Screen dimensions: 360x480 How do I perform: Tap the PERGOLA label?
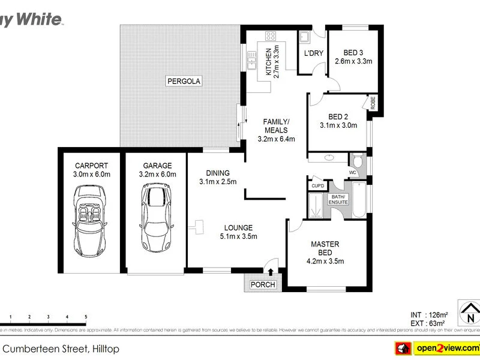[184, 80]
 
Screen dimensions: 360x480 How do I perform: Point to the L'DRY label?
[313, 53]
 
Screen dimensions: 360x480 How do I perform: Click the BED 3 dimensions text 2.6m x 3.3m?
[353, 61]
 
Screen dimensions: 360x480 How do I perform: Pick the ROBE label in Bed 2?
[373, 103]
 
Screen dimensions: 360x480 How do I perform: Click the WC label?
[353, 172]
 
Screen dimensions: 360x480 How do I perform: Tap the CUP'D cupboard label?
[317, 186]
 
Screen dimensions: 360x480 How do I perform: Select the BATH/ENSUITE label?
[338, 199]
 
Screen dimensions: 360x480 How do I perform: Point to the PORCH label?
[263, 284]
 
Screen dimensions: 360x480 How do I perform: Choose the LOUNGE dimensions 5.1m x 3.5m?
[238, 236]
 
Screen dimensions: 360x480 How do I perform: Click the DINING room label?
[218, 173]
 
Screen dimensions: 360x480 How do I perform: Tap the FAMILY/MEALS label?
[276, 125]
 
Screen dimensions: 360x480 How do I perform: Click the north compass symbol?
[469, 311]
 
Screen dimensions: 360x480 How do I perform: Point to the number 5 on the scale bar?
[86, 316]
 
